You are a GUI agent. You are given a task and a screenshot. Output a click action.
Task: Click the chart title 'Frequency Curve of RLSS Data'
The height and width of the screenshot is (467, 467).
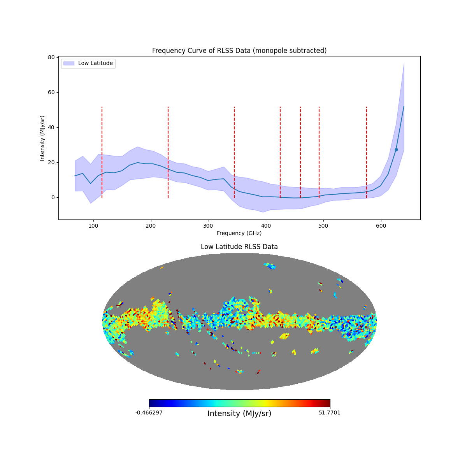tap(239, 51)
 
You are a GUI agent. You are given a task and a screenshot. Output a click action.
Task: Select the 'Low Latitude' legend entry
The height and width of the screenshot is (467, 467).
tap(95, 63)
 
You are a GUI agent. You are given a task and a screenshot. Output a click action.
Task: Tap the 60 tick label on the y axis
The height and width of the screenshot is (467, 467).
tap(51, 92)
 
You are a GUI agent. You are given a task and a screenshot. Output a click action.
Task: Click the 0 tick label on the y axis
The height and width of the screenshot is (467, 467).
tap(53, 197)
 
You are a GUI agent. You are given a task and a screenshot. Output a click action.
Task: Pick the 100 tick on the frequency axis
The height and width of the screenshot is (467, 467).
tap(93, 219)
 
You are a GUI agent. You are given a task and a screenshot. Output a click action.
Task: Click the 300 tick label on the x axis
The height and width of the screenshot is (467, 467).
tap(208, 226)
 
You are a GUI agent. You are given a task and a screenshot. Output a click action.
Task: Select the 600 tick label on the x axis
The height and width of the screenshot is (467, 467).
tap(381, 226)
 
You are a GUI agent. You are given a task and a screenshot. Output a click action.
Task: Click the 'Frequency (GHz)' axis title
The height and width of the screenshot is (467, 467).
tap(239, 233)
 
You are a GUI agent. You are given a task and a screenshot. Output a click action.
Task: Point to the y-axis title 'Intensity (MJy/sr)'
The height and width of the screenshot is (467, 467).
tap(42, 138)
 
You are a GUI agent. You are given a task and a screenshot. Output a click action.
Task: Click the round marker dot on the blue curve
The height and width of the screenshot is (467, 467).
tap(396, 149)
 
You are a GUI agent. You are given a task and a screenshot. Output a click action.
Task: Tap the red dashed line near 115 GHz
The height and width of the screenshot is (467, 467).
tap(102, 152)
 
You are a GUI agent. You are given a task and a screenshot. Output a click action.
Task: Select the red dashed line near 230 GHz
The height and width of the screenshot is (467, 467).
tap(168, 152)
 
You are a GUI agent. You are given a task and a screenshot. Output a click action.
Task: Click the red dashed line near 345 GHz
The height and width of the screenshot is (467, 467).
tap(234, 152)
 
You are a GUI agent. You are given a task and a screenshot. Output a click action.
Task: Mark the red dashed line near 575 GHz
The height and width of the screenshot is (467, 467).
tap(367, 152)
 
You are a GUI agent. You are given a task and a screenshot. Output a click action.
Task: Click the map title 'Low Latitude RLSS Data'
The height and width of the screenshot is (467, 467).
tap(239, 247)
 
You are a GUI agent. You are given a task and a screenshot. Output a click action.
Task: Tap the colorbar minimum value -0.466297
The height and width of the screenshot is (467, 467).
tap(149, 413)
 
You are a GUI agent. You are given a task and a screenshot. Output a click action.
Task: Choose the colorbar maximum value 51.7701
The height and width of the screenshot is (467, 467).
tap(329, 413)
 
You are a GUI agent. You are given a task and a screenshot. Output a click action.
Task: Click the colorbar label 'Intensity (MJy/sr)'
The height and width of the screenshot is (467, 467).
tap(239, 414)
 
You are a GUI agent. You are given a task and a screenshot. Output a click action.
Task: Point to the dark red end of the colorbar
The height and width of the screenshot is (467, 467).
tap(328, 403)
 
